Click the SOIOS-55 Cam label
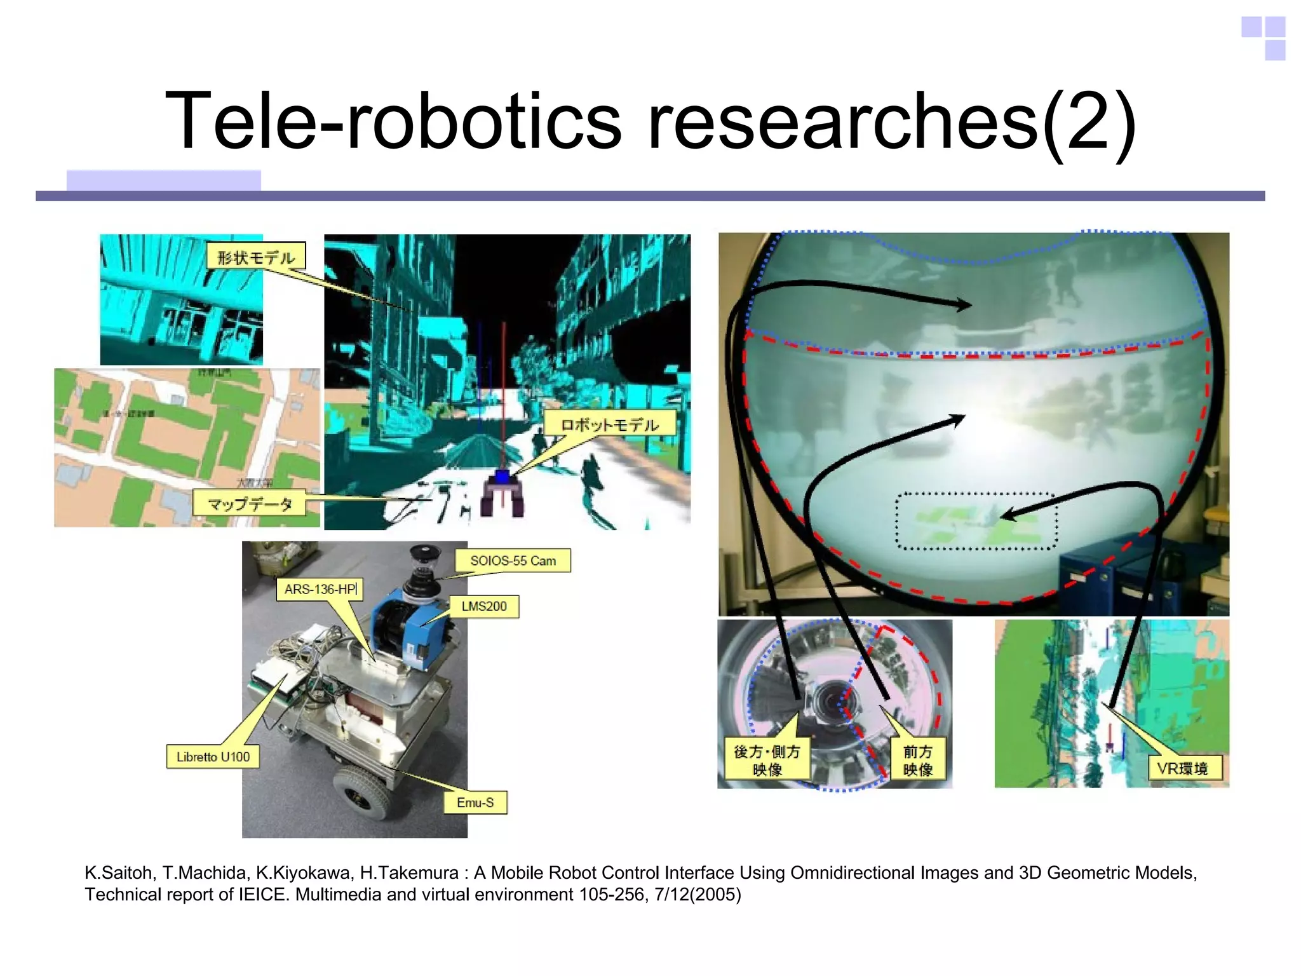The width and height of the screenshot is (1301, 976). pos(513,560)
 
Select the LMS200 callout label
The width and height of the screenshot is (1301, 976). pos(484,606)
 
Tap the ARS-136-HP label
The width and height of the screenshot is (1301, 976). pos(320,589)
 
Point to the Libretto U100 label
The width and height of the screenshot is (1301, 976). pos(213,756)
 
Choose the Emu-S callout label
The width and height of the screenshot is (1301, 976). pos(475,803)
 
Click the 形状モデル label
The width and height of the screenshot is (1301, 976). pos(256,257)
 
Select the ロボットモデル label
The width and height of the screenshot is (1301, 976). pos(609,424)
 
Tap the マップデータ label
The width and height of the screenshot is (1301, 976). pos(250,504)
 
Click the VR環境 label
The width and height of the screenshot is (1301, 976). pos(1182,768)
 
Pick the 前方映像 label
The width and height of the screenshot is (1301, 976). pos(918,760)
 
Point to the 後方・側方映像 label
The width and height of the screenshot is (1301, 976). pos(767,760)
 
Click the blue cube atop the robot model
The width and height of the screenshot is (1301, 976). pos(502,477)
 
